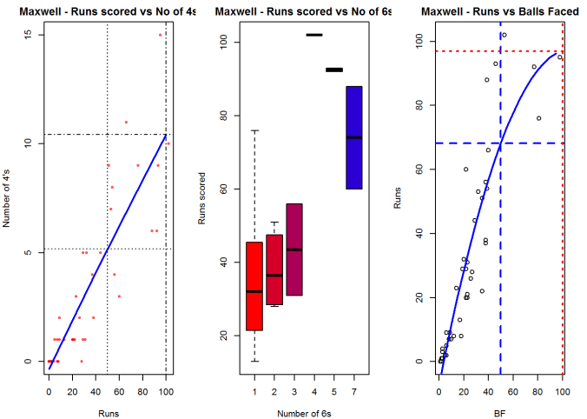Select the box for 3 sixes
(293, 249)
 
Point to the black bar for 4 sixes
(313, 35)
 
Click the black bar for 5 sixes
(333, 70)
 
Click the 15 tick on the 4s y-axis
(29, 35)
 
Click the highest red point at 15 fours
(160, 35)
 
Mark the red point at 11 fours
(126, 123)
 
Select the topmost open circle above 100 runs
(504, 35)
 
